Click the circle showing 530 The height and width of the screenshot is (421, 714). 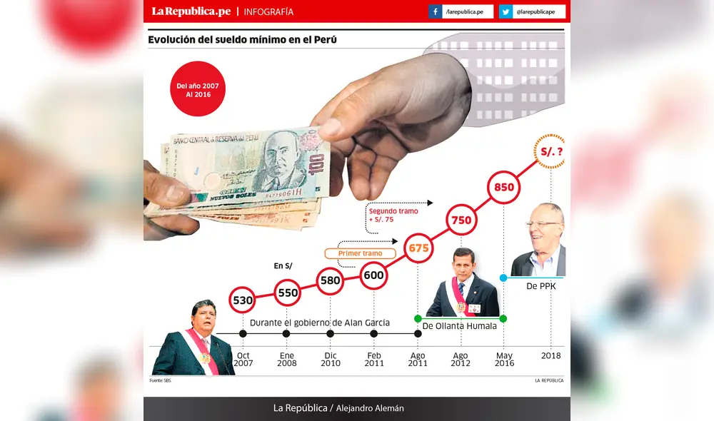243,300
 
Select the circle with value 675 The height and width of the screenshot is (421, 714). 418,248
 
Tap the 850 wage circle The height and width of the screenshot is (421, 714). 504,188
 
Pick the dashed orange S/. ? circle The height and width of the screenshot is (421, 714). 550,151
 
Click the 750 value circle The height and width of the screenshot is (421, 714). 461,220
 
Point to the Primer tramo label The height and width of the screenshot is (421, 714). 360,253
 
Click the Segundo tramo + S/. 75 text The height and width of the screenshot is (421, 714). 393,215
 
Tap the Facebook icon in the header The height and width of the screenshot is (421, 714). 435,12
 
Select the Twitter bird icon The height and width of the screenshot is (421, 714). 506,12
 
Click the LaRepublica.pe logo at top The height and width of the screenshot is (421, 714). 191,11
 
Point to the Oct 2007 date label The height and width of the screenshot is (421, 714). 243,359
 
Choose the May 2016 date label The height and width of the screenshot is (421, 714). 504,359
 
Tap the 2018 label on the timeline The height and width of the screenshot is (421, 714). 550,355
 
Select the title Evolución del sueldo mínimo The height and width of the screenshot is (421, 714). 242,40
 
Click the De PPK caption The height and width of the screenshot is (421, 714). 540,285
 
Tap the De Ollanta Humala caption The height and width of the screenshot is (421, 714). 459,326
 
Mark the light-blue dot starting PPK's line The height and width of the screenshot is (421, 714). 503,278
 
